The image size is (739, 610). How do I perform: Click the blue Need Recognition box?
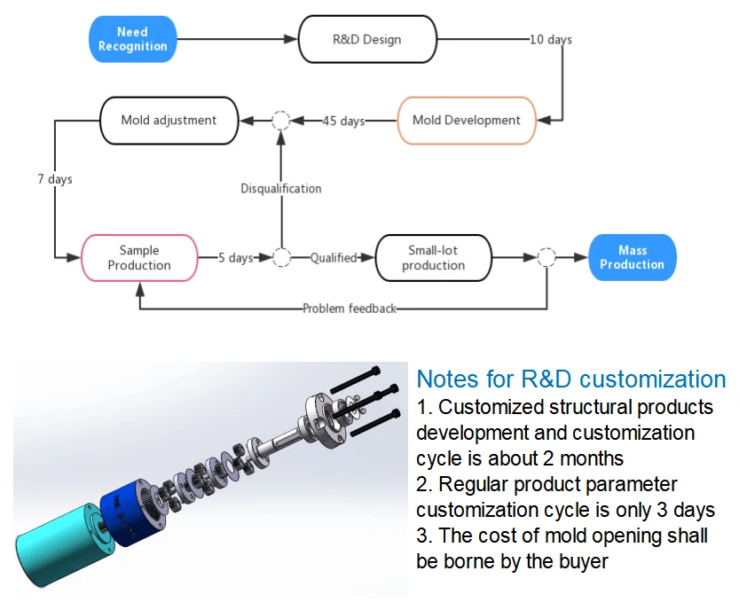[x=132, y=40]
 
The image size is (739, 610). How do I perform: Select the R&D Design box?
[x=366, y=40]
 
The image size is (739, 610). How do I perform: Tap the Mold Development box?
[x=466, y=121]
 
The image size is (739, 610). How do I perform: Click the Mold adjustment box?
[x=169, y=121]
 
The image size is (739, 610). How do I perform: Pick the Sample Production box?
[x=138, y=258]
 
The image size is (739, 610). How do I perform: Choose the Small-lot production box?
[x=433, y=258]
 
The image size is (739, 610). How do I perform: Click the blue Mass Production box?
[x=632, y=258]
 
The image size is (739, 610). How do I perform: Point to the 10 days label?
[x=550, y=40]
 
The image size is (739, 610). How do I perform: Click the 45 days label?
[x=342, y=121]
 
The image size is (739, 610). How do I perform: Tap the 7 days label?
[x=55, y=179]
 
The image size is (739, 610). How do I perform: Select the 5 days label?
[x=236, y=258]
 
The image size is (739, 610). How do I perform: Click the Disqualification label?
[x=280, y=189]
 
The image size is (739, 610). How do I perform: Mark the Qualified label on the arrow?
[x=333, y=258]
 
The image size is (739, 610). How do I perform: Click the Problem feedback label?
[x=349, y=309]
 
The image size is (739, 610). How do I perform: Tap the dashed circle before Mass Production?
[x=546, y=258]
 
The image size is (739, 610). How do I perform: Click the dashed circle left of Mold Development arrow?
[x=280, y=121]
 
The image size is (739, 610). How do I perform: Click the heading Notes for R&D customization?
[x=570, y=379]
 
